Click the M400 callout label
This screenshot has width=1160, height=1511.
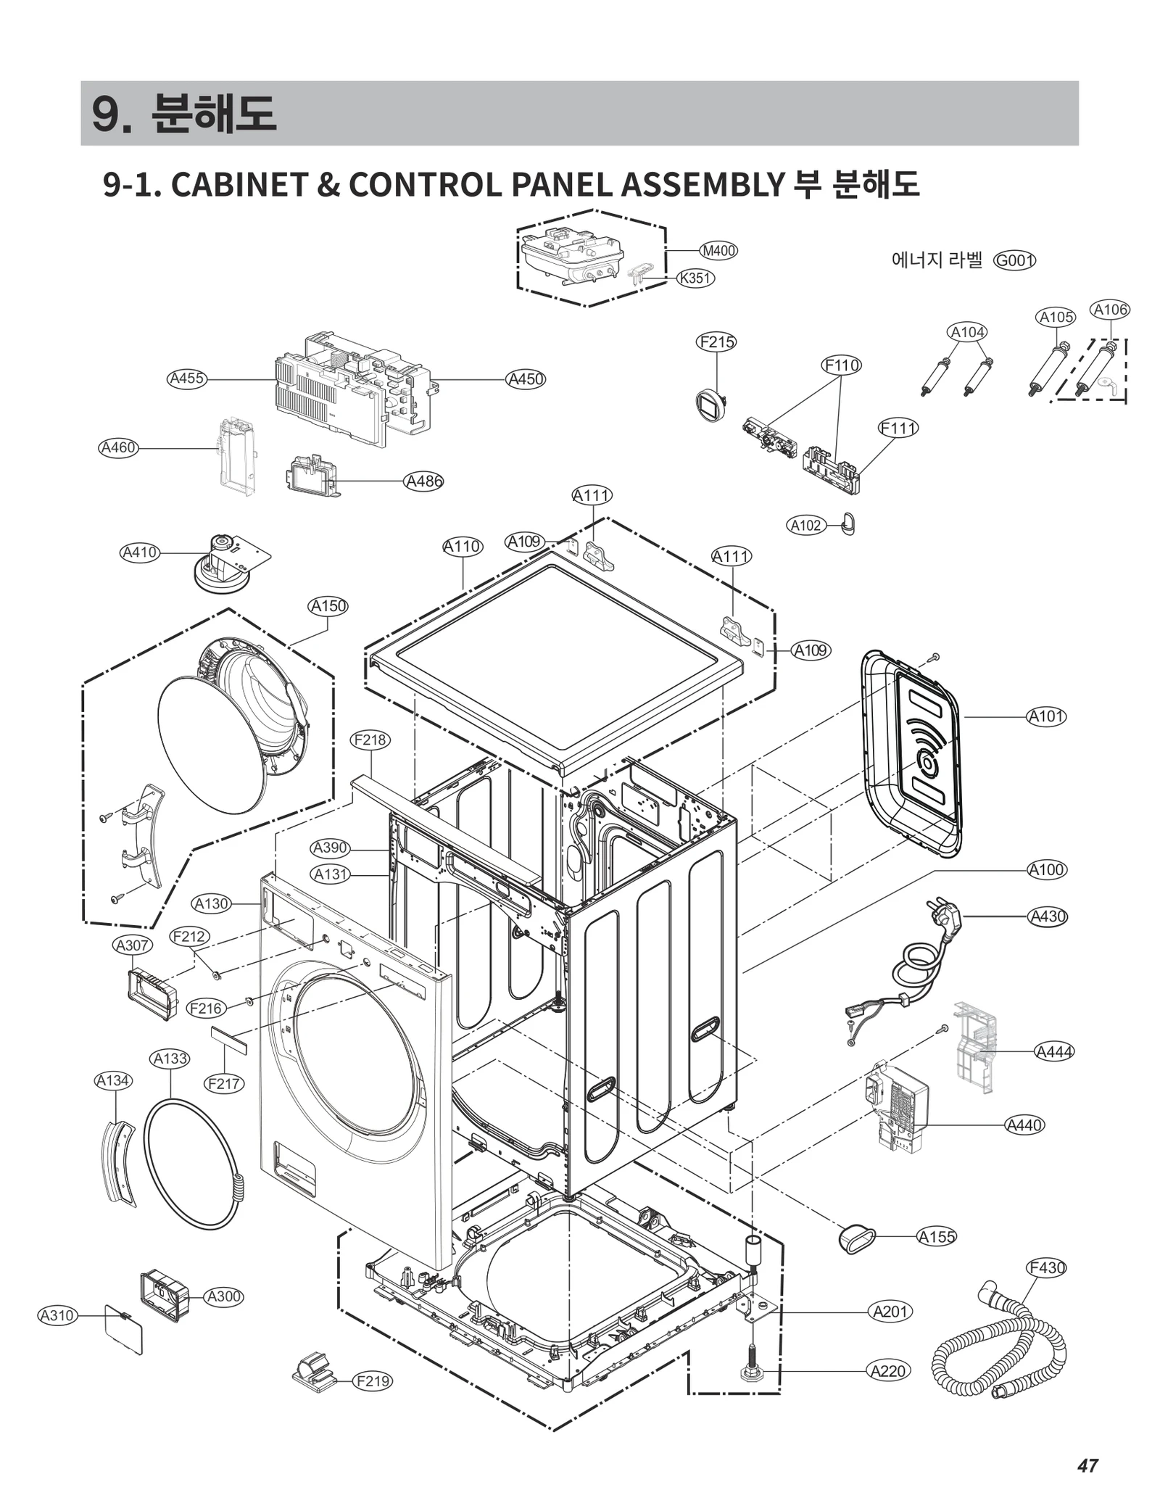pos(718,251)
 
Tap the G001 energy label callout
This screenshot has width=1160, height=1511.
pos(1014,260)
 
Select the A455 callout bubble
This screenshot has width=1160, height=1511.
pos(186,378)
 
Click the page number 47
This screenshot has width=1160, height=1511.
pos(1087,1465)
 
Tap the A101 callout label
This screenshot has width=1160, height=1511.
pos(1047,717)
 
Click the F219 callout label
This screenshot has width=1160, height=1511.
pos(373,1381)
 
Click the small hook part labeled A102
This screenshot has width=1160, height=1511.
pos(849,523)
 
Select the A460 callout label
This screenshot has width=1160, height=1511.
pos(118,448)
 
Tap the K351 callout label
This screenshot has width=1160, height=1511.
pos(695,278)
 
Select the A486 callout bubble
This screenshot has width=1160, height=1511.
pos(423,481)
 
